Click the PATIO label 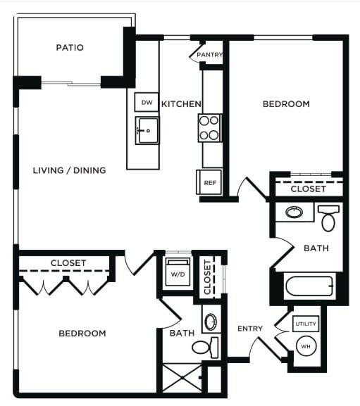click(70, 48)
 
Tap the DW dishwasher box click(147, 103)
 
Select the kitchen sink click(147, 130)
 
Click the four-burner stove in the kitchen click(209, 128)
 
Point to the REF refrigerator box click(209, 182)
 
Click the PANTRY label click(210, 55)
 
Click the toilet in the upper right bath click(329, 218)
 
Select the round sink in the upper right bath click(293, 212)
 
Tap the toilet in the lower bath click(206, 347)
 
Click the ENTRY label click(250, 329)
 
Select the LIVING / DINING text click(70, 170)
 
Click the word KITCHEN click(181, 104)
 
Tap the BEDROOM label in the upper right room click(286, 104)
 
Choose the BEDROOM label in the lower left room click(82, 333)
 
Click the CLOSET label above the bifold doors click(68, 263)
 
